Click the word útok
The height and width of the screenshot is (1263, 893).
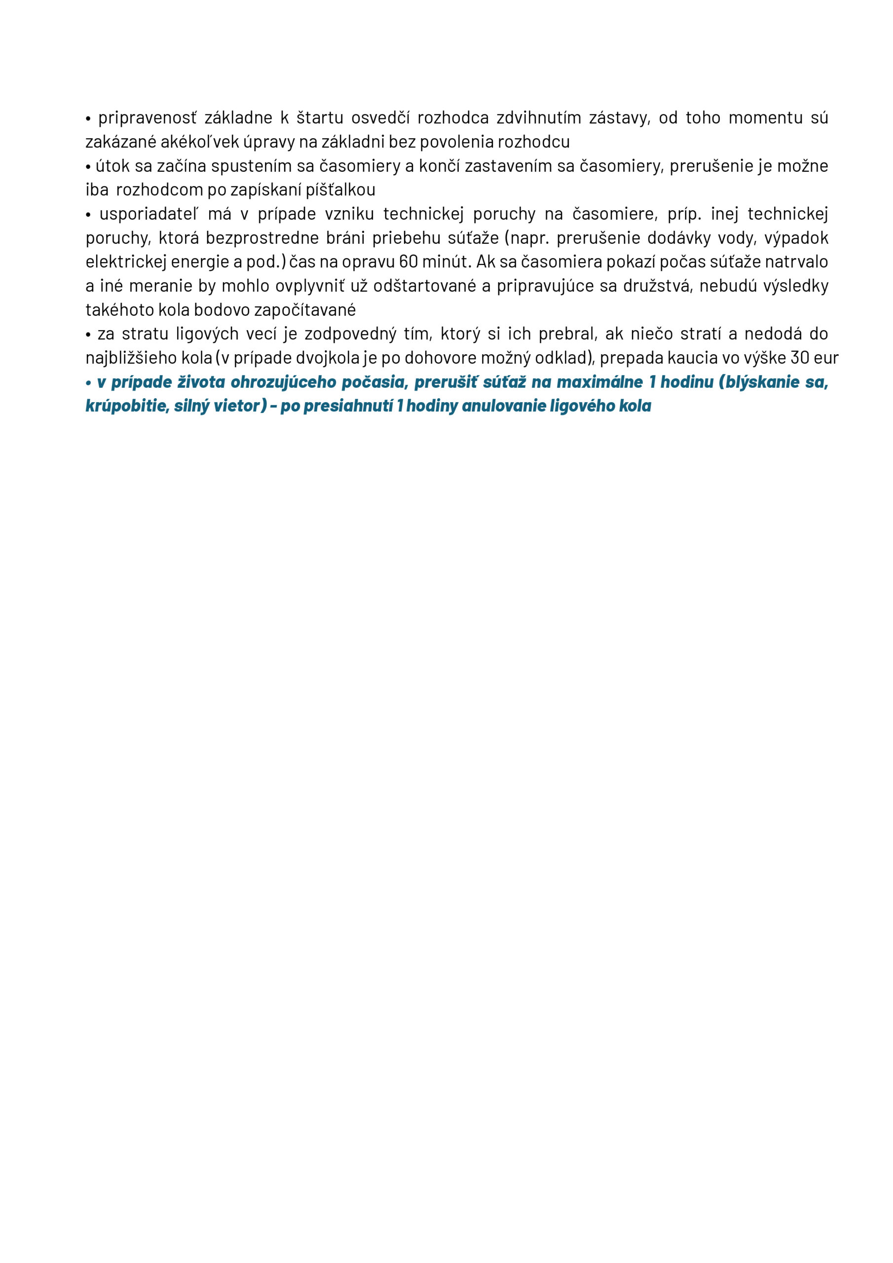113,166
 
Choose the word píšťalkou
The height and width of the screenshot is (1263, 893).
340,190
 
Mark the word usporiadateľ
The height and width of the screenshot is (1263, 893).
149,214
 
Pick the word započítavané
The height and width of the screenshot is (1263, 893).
305,310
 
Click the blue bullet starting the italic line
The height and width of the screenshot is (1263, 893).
89,382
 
